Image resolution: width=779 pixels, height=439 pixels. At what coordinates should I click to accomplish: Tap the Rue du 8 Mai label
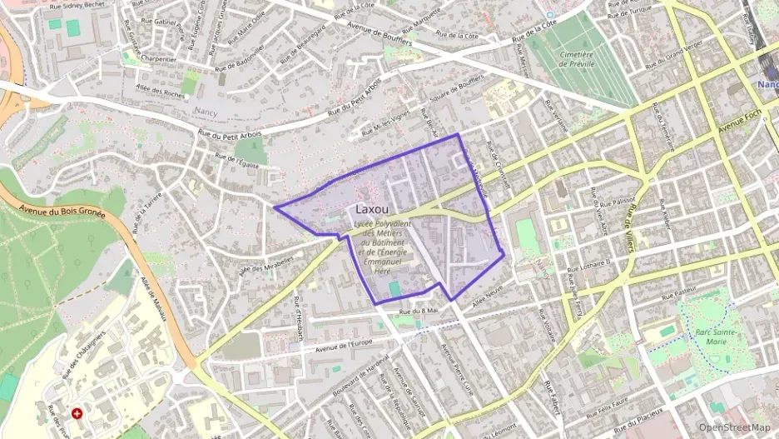pyautogui.click(x=419, y=312)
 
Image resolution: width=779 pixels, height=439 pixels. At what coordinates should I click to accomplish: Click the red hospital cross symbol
pyautogui.click(x=77, y=412)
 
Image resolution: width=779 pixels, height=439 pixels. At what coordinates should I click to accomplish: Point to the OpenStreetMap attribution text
pyautogui.click(x=734, y=427)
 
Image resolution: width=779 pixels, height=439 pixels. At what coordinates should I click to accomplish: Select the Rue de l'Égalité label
pyautogui.click(x=237, y=161)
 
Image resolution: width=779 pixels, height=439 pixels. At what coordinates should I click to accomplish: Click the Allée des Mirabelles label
pyautogui.click(x=266, y=264)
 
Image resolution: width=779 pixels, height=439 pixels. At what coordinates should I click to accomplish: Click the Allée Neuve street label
pyautogui.click(x=489, y=302)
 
